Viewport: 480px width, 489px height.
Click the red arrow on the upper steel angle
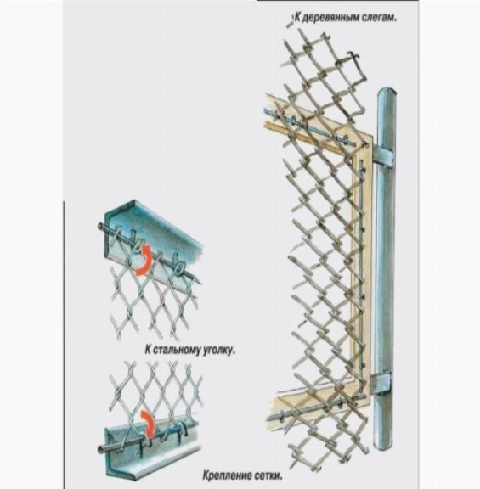click(144, 261)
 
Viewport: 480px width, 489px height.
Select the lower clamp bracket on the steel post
click(381, 384)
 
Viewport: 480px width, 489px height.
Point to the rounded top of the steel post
click(387, 93)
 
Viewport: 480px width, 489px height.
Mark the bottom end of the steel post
click(383, 447)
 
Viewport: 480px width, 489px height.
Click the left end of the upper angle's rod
click(100, 226)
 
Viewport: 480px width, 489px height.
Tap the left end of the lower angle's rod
click(100, 450)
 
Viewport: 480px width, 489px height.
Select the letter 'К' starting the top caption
click(297, 18)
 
